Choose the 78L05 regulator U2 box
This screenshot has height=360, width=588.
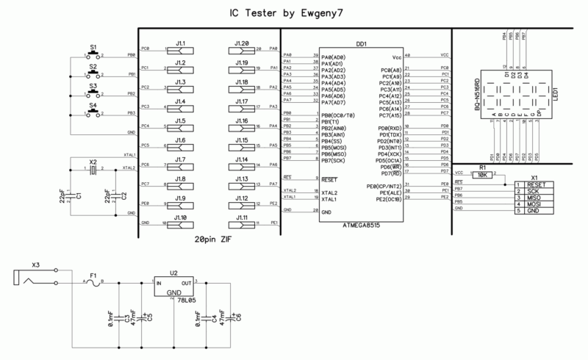(x=173, y=287)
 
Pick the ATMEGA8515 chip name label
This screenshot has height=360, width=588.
(x=366, y=226)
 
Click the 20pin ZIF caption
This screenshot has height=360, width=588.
(x=215, y=240)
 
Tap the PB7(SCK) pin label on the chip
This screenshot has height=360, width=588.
(x=335, y=159)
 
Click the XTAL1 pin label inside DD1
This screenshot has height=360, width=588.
(x=331, y=198)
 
